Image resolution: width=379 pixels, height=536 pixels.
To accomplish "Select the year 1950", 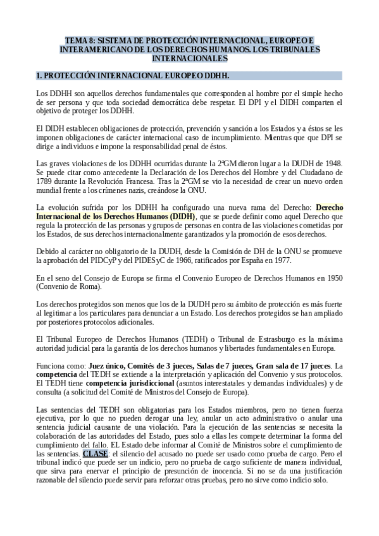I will coord(333,278).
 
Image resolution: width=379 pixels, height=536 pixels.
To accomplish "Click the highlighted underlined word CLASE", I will coord(96,454).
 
